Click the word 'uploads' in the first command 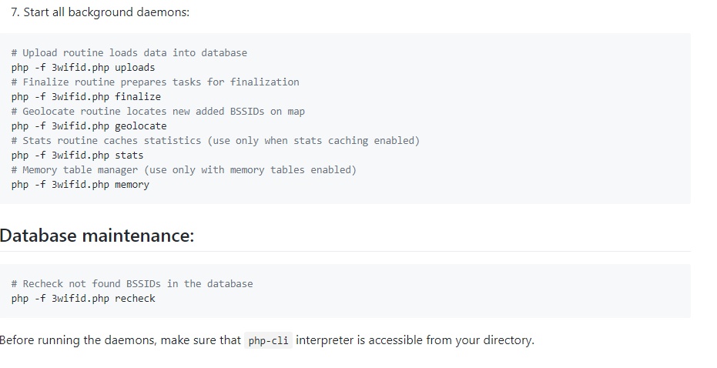pyautogui.click(x=135, y=68)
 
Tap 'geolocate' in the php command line pyautogui.click(x=141, y=126)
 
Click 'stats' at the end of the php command pyautogui.click(x=129, y=156)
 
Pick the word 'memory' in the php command pyautogui.click(x=132, y=185)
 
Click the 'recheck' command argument pyautogui.click(x=135, y=299)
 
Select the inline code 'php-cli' pyautogui.click(x=269, y=340)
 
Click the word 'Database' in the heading pyautogui.click(x=38, y=236)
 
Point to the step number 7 pyautogui.click(x=15, y=12)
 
